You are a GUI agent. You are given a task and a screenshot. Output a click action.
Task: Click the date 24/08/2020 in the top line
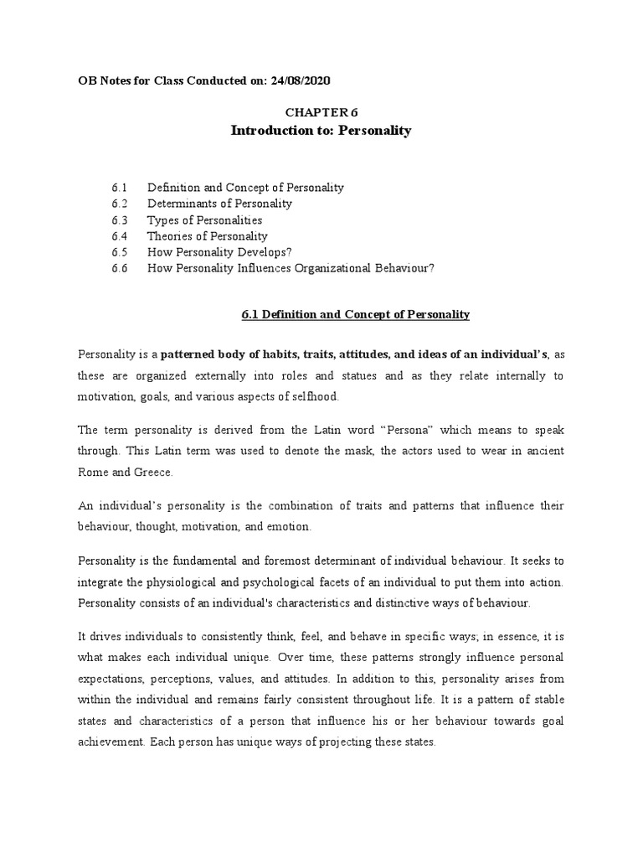[x=296, y=80]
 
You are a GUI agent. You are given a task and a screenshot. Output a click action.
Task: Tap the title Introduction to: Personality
[x=321, y=132]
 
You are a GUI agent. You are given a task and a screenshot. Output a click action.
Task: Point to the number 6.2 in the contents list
[x=118, y=204]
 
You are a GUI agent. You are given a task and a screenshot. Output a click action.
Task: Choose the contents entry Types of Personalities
[x=204, y=220]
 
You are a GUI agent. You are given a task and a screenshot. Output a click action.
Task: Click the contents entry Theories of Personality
[x=208, y=236]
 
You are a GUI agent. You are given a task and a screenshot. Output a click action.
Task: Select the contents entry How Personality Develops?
[x=219, y=252]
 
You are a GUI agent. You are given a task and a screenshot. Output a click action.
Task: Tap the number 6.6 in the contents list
[x=118, y=268]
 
